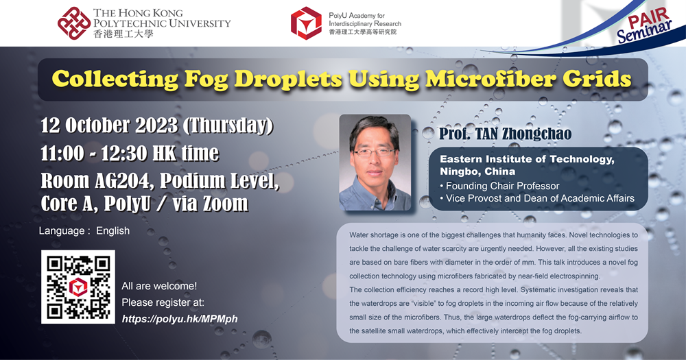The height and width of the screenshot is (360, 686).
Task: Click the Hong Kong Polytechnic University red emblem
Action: point(74,23)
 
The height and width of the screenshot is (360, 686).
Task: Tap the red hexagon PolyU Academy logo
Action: point(306,23)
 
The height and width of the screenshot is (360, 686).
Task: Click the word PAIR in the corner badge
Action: point(643,18)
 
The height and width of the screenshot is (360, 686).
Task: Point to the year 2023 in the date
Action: point(156,125)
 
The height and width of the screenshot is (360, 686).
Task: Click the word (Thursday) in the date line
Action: point(228,126)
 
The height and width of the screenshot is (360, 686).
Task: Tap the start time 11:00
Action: point(62,153)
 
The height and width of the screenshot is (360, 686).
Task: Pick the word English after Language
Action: point(113,230)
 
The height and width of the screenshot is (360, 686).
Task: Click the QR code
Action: point(78,287)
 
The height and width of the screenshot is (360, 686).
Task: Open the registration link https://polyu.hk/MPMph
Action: point(180,319)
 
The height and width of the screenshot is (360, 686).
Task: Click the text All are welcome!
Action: point(159,286)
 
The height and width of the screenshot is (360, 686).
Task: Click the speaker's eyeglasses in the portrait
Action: point(374,153)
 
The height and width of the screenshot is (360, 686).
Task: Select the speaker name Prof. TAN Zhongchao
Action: point(506,134)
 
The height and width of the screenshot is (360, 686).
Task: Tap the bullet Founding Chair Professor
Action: point(499,186)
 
